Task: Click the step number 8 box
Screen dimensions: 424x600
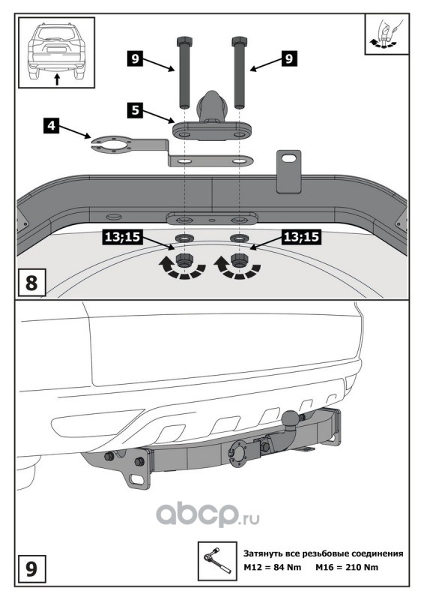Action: click(31, 283)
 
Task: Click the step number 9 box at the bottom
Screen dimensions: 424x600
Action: click(31, 568)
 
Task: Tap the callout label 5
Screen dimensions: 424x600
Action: click(136, 110)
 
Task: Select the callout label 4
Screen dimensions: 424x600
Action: click(51, 126)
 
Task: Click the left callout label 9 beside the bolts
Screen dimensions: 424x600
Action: click(135, 59)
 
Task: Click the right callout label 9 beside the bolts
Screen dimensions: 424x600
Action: click(289, 58)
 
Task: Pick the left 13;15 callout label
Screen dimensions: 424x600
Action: click(122, 237)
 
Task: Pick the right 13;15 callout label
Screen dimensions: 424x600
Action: click(301, 237)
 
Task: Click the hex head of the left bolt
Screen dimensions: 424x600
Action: click(184, 41)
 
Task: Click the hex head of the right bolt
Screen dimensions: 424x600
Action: click(239, 41)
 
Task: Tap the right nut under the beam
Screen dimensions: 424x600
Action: click(239, 260)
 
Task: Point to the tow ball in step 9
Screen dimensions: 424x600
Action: click(291, 418)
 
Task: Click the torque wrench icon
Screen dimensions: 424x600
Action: click(217, 561)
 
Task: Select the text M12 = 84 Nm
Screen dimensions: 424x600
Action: click(272, 567)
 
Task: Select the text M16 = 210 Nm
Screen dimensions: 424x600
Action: click(346, 567)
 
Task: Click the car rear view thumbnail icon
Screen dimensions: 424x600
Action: click(57, 52)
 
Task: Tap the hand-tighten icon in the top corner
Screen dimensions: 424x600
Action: click(387, 34)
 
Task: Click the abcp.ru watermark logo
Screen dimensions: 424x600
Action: click(208, 514)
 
